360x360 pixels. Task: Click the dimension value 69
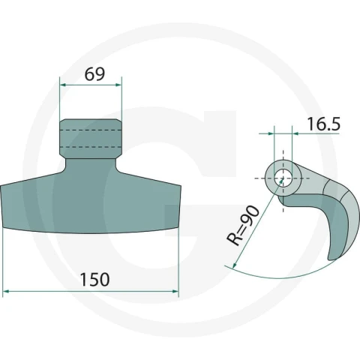[94, 74]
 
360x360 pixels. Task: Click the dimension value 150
[94, 280]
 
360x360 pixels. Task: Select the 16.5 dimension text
[324, 124]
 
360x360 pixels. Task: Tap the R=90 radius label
[243, 225]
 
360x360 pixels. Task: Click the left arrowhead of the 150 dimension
[5, 291]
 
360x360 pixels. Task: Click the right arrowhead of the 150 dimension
[175, 291]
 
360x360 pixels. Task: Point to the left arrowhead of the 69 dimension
[63, 85]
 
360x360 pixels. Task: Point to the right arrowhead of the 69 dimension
[118, 85]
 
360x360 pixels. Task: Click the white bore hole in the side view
[283, 178]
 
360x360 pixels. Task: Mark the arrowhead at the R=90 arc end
[235, 265]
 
